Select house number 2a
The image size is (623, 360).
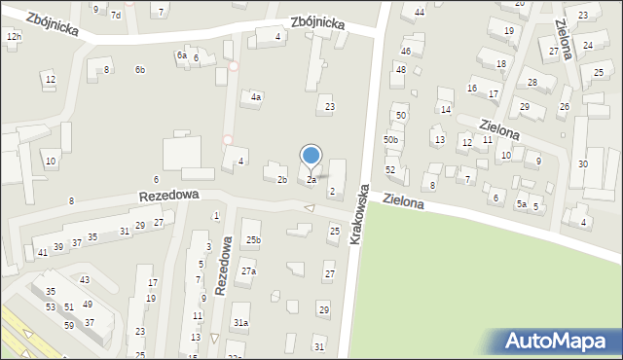(311, 180)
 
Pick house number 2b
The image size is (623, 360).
(281, 180)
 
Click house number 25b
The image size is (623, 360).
(253, 239)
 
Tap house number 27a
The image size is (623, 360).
(249, 271)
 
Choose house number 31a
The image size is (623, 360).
(240, 322)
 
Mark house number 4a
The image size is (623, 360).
(256, 97)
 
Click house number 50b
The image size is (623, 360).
(390, 140)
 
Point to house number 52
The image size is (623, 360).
(390, 170)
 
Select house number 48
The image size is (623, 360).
(400, 69)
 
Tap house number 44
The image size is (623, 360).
(420, 12)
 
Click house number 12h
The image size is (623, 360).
(13, 36)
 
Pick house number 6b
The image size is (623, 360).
(140, 69)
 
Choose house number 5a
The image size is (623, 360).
(522, 203)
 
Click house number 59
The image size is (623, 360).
(69, 325)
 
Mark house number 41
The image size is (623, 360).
(43, 252)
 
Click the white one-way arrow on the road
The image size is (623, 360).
(310, 208)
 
